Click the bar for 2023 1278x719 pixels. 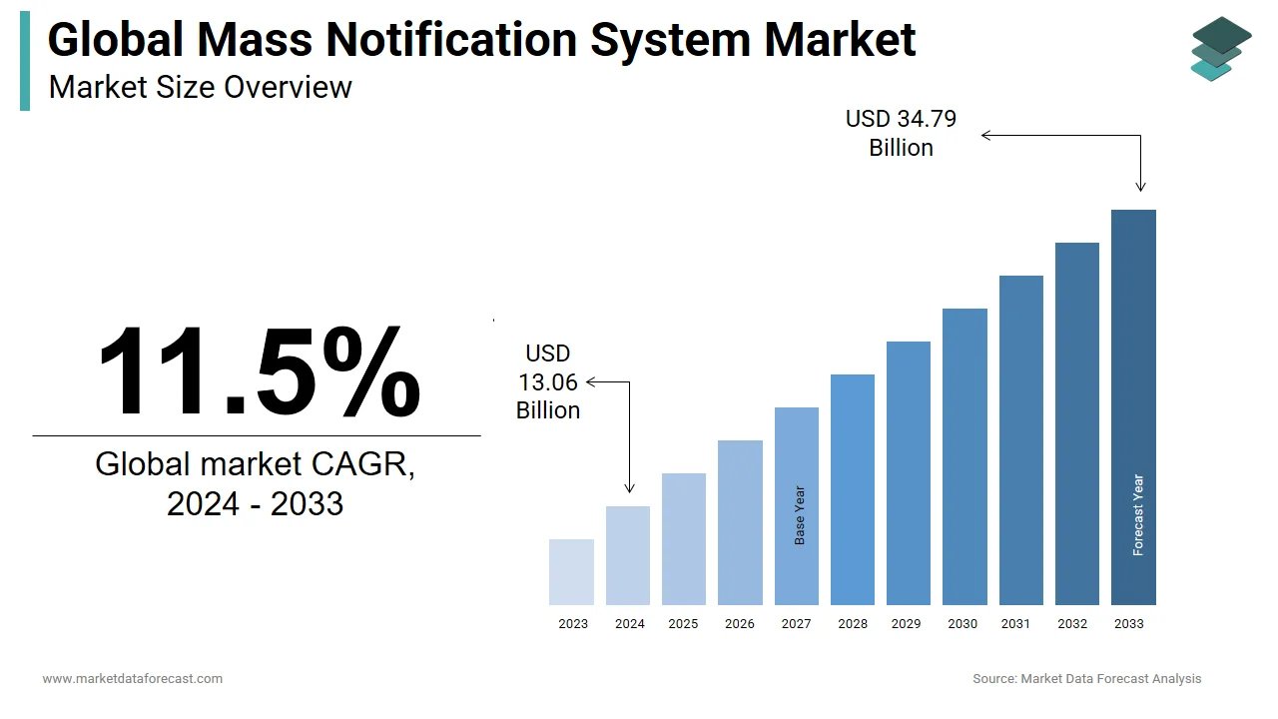(571, 572)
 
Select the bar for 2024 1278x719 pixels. (628, 555)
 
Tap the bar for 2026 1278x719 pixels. (740, 522)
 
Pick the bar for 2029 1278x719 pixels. (909, 473)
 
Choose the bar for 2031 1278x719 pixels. (1020, 440)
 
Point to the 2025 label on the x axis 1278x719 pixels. (684, 624)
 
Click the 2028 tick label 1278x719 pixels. (853, 624)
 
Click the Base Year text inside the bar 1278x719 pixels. (800, 515)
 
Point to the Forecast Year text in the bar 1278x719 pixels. (1138, 514)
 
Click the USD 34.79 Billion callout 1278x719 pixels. (901, 133)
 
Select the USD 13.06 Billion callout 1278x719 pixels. (548, 381)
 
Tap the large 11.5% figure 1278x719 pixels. (258, 370)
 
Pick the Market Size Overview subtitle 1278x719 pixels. (200, 87)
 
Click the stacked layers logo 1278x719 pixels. (1220, 48)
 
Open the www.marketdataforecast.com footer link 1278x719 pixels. (132, 679)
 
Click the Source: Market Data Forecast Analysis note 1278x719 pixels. (1086, 679)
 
